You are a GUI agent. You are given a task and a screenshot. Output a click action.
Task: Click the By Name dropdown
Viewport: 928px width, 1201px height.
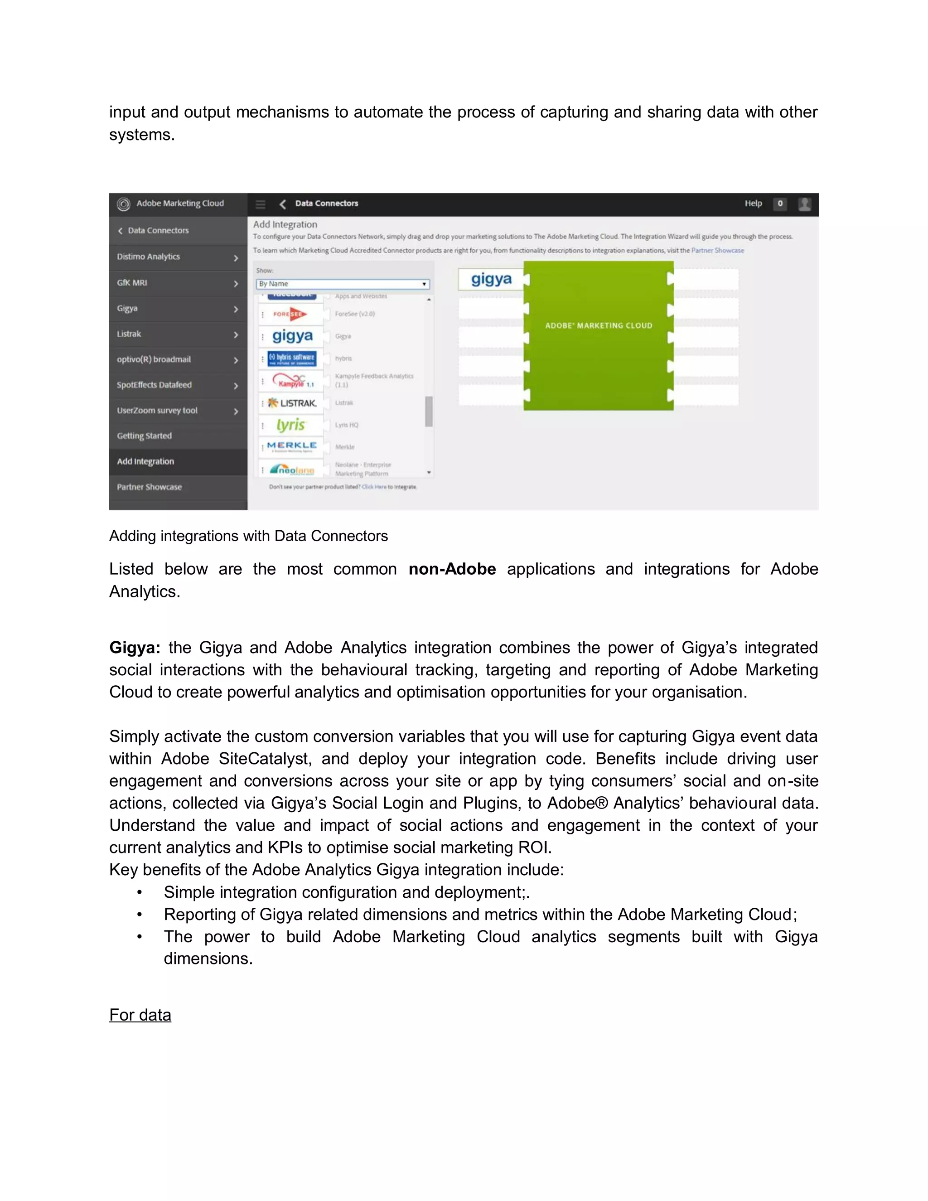[343, 284]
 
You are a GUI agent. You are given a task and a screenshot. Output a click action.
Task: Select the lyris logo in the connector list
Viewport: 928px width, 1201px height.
[291, 425]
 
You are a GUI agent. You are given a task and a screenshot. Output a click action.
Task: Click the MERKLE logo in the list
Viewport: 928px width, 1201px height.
[291, 446]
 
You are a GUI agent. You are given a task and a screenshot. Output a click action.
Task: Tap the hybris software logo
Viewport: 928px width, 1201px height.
[292, 358]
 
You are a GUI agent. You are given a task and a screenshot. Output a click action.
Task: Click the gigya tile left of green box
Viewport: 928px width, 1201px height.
[491, 279]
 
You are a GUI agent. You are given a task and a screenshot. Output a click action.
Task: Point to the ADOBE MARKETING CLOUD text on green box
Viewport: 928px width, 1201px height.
[598, 325]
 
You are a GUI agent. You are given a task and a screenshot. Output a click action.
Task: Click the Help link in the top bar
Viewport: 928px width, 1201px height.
[753, 203]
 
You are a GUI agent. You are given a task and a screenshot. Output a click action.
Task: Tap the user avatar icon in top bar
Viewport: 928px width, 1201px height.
[804, 204]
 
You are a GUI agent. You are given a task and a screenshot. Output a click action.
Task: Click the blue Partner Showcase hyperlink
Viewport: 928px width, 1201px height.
[717, 250]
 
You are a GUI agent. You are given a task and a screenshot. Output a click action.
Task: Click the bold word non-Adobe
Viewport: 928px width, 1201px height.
[452, 569]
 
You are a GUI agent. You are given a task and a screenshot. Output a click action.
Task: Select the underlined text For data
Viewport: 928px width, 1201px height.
[140, 1015]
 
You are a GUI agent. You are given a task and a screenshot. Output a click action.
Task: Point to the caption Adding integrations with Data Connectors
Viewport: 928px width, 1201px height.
[248, 536]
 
